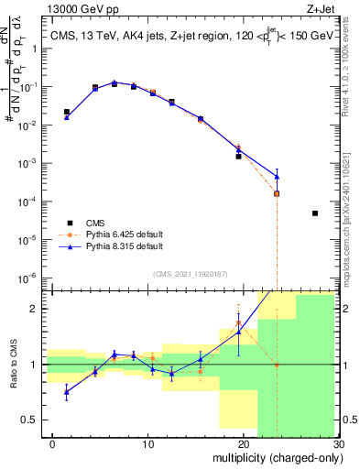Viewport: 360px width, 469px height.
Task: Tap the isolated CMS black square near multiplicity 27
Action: tap(315, 213)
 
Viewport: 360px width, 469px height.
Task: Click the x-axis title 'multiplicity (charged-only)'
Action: tap(276, 457)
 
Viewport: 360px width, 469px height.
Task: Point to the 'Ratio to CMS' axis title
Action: tap(13, 365)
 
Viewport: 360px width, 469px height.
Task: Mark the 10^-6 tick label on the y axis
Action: tap(31, 278)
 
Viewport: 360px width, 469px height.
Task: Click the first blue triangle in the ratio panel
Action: tap(67, 392)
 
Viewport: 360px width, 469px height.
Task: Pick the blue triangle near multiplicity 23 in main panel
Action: tap(277, 176)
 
